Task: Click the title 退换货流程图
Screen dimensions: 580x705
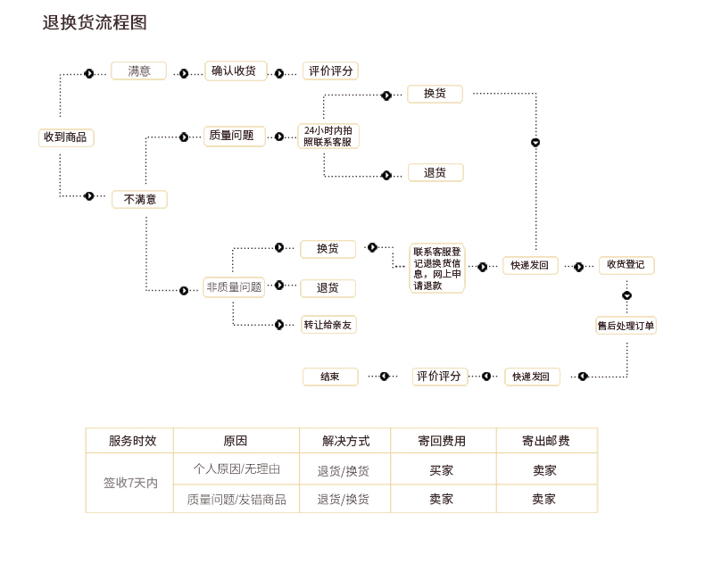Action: pyautogui.click(x=95, y=23)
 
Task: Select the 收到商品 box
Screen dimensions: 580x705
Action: pyautogui.click(x=66, y=137)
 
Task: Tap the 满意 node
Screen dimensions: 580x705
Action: pyautogui.click(x=138, y=71)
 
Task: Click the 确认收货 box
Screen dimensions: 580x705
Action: pyautogui.click(x=236, y=71)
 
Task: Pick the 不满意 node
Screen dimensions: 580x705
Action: pyautogui.click(x=139, y=200)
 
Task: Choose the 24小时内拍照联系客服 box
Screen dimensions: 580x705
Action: pyautogui.click(x=328, y=136)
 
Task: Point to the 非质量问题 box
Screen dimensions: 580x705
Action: pyautogui.click(x=234, y=287)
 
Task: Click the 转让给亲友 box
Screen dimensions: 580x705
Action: pyautogui.click(x=328, y=325)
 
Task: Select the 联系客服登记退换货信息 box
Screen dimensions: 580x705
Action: pyautogui.click(x=437, y=269)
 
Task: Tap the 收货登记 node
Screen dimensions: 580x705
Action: pyautogui.click(x=626, y=265)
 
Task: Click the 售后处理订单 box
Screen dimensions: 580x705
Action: pyautogui.click(x=626, y=326)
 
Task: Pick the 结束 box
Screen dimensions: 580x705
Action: pyautogui.click(x=330, y=377)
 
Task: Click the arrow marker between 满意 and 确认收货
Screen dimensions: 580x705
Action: pyautogui.click(x=184, y=73)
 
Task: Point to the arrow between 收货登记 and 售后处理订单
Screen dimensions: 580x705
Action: pyautogui.click(x=626, y=295)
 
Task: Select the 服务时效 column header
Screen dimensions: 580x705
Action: pyautogui.click(x=132, y=441)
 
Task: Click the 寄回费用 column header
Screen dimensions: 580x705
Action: pyautogui.click(x=442, y=441)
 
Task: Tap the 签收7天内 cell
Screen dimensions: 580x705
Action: pyautogui.click(x=130, y=483)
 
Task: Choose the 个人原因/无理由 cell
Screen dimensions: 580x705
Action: pyautogui.click(x=236, y=468)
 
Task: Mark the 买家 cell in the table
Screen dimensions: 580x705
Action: pyautogui.click(x=442, y=470)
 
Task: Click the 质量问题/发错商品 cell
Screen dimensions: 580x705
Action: pyautogui.click(x=236, y=500)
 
